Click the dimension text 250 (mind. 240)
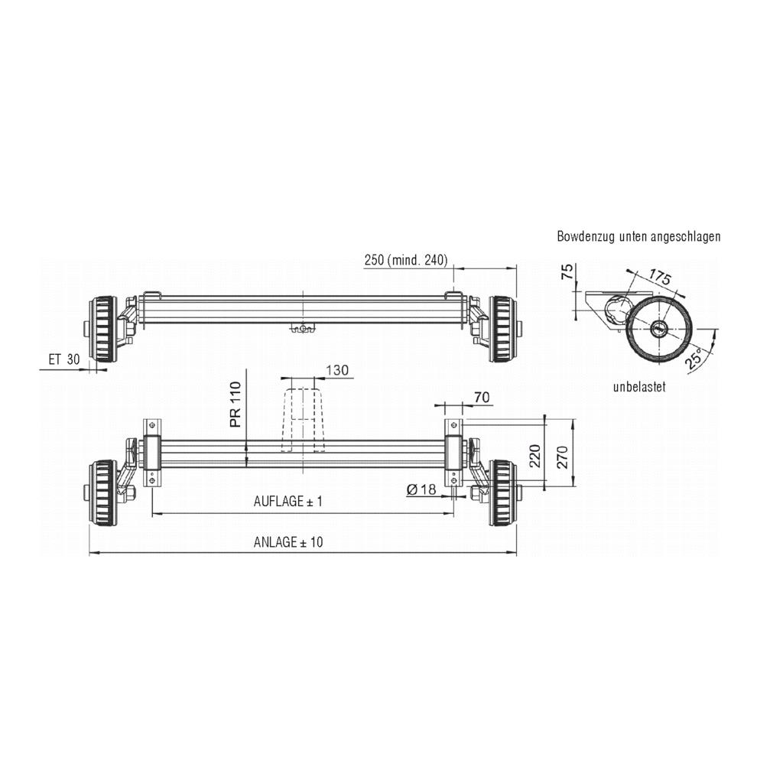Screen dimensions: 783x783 [405, 260]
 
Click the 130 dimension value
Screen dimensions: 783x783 [337, 370]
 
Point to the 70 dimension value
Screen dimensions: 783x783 [482, 397]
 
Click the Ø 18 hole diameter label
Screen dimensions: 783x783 [421, 489]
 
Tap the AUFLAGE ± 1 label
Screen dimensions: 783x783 [288, 502]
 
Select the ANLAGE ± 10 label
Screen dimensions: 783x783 [288, 542]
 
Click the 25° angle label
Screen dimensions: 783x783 [697, 358]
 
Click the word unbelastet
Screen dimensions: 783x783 [638, 387]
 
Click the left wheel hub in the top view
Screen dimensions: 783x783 [102, 330]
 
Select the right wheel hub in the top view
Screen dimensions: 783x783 [502, 330]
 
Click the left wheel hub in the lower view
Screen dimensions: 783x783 [102, 492]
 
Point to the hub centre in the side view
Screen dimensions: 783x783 [658, 330]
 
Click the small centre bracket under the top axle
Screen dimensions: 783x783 [303, 329]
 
